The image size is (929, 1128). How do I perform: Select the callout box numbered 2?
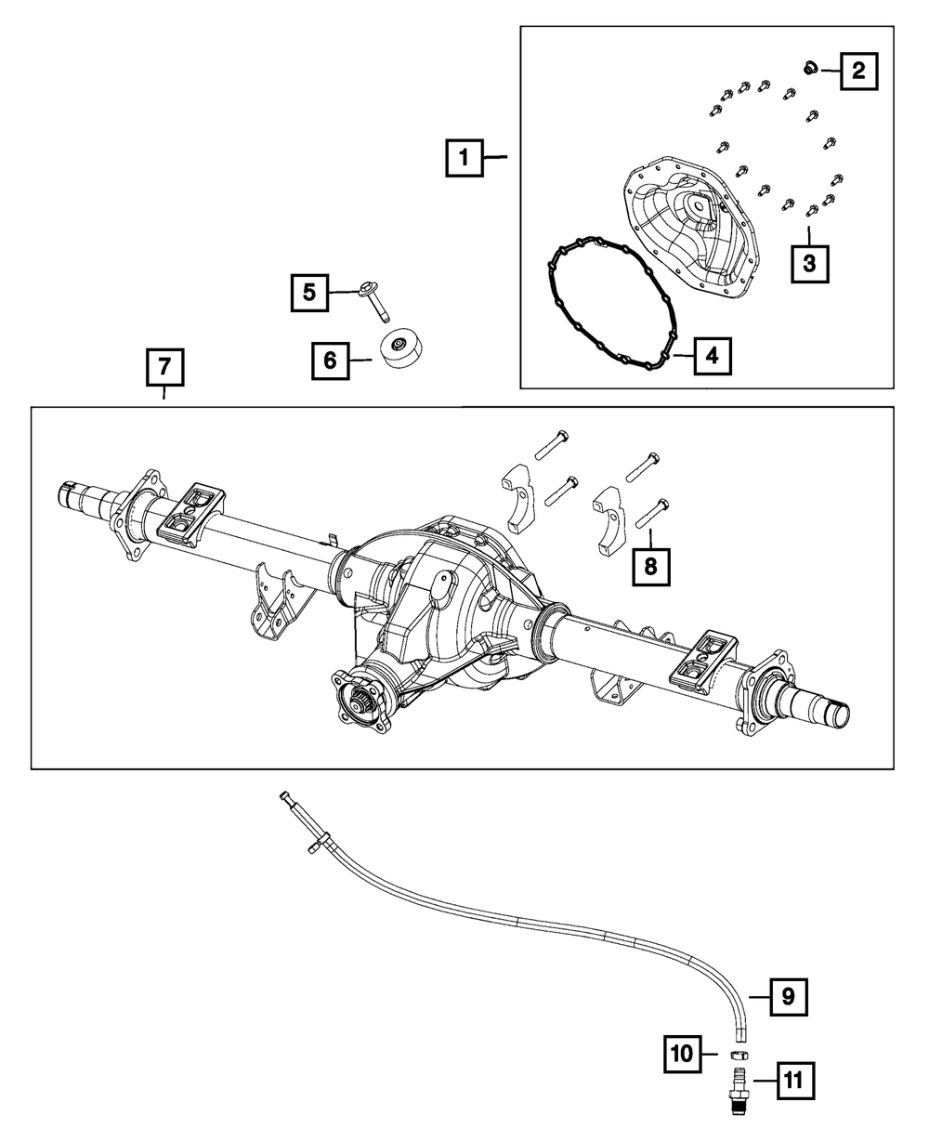tap(859, 70)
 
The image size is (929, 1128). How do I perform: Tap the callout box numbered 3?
tap(810, 263)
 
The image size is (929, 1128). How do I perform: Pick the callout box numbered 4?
tap(711, 355)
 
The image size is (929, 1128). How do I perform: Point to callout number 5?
tap(308, 293)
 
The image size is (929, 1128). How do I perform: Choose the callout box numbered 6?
tap(330, 360)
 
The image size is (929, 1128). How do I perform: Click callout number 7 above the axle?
tap(164, 367)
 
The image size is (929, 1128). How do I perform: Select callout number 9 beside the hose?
tap(787, 997)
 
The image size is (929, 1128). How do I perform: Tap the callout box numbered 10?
tap(683, 1054)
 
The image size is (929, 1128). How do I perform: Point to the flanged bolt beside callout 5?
tap(376, 299)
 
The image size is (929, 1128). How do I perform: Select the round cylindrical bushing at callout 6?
tap(401, 348)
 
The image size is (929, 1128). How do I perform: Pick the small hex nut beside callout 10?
tap(739, 1056)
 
